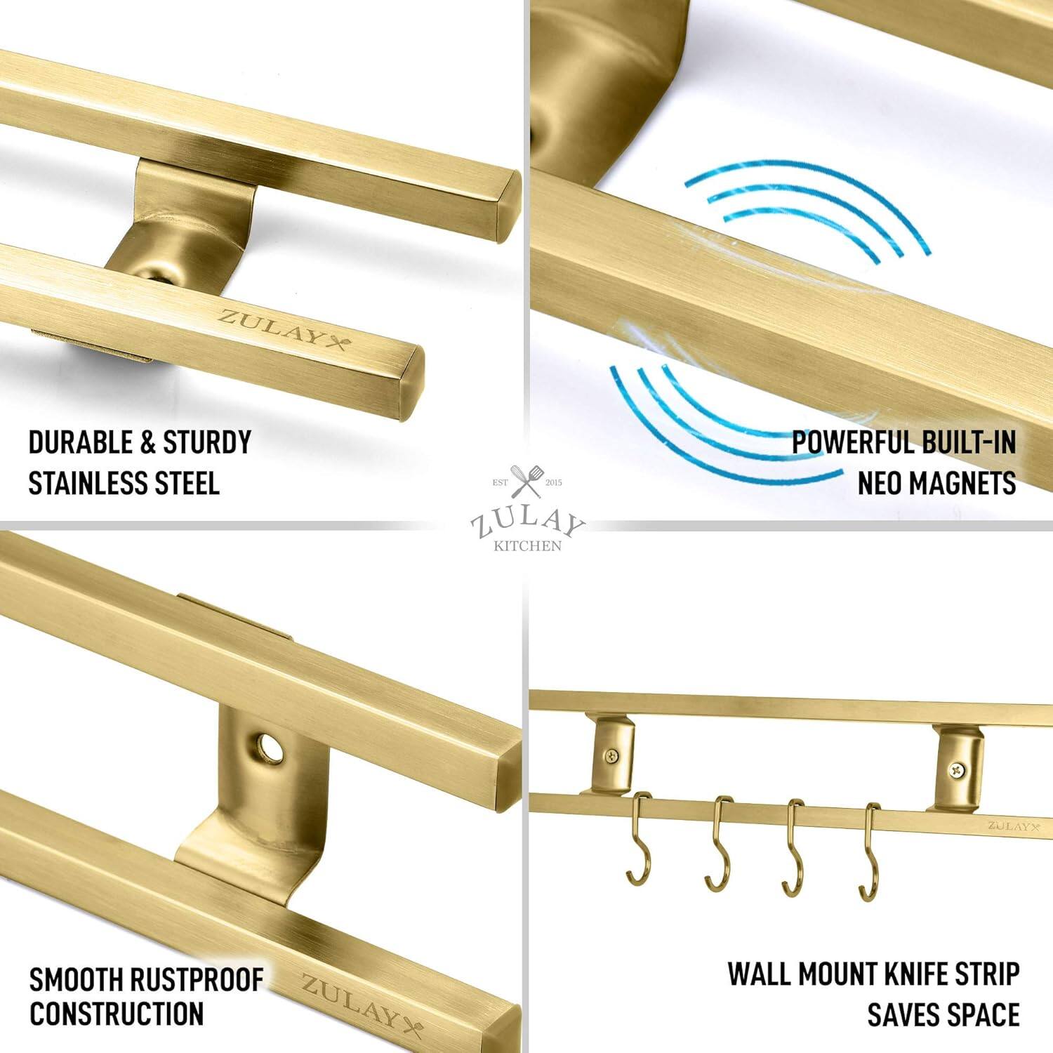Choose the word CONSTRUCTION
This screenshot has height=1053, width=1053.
[x=117, y=1014]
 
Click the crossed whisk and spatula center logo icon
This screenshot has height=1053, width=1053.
[x=526, y=482]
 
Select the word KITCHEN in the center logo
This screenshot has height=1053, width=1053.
[x=527, y=545]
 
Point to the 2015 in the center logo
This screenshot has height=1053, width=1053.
[x=553, y=482]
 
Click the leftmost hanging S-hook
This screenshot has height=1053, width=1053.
[x=640, y=839]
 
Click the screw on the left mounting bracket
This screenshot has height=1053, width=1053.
[x=612, y=756]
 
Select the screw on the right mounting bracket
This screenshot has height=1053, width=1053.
[x=955, y=769]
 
